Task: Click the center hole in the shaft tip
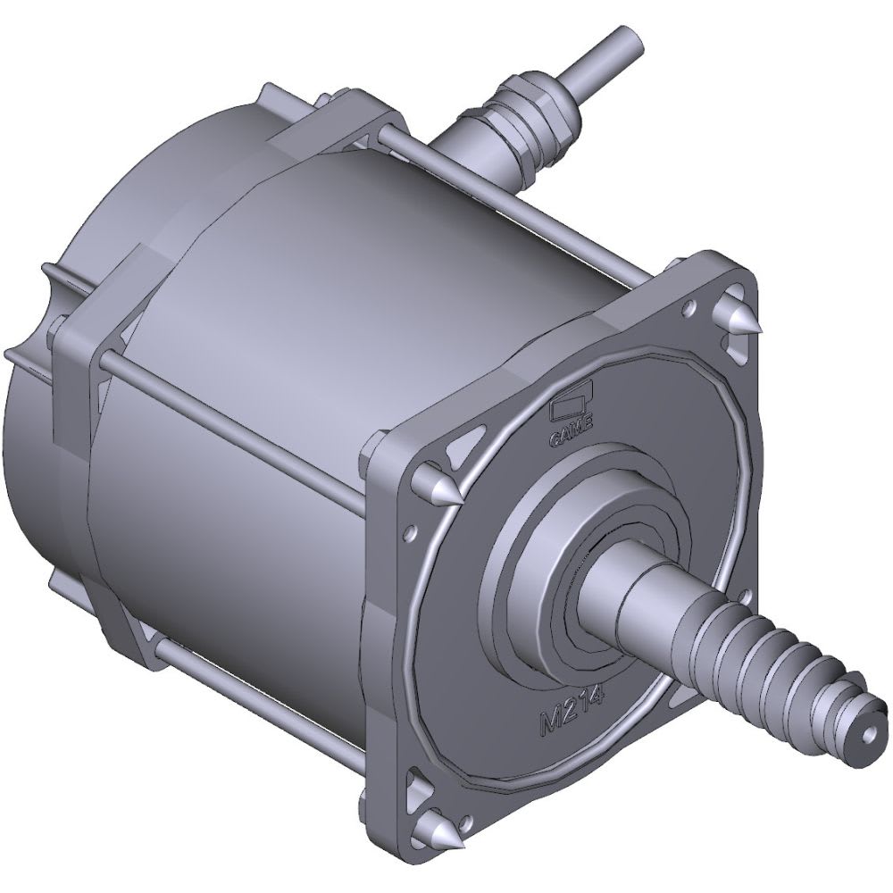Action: click(x=868, y=738)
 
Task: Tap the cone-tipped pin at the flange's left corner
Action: click(x=438, y=487)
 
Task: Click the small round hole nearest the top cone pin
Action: click(x=689, y=309)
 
